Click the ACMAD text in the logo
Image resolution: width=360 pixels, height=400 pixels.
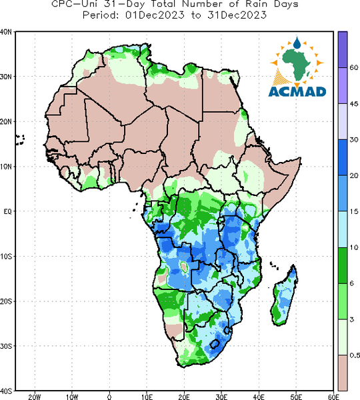297,92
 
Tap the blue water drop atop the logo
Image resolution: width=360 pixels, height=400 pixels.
297,43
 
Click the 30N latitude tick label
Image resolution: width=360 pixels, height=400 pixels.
5,77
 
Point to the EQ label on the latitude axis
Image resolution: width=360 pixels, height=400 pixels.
7,211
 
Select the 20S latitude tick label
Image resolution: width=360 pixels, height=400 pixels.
5,301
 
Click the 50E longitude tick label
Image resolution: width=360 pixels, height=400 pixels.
296,397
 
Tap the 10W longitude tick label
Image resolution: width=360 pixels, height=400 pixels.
72,397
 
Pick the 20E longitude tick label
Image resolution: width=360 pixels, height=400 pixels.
184,397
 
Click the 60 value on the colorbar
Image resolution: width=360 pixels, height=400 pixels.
354,67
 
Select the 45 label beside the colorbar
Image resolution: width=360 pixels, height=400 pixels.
354,104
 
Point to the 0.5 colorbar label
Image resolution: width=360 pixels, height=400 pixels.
355,355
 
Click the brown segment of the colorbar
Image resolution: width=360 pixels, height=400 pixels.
343,373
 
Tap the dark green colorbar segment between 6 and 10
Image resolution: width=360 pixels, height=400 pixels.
343,265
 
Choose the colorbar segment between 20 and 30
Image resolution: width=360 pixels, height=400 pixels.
343,157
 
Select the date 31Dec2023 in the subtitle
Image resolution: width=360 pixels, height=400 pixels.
237,15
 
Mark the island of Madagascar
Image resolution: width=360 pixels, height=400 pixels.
284,295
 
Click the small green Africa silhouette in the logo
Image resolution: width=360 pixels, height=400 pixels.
296,63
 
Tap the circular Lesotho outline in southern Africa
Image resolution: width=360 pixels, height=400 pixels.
215,344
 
